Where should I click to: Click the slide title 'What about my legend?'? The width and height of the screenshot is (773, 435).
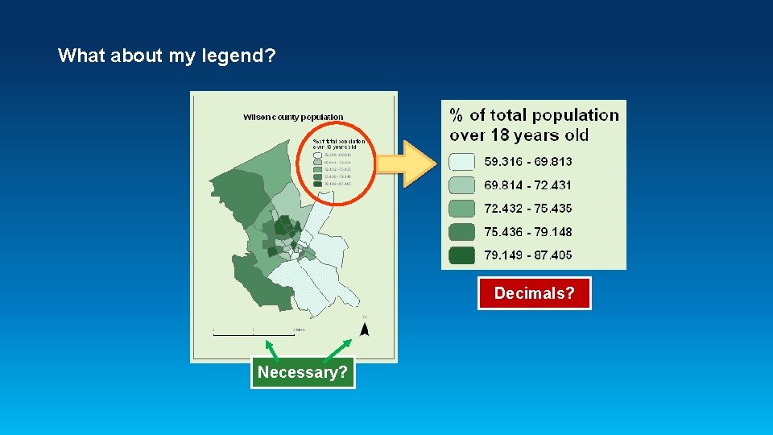[167, 56]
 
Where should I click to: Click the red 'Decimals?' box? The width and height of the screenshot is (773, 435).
[534, 293]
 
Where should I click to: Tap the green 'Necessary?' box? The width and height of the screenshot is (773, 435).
[303, 372]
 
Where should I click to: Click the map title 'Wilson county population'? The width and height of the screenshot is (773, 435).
[293, 117]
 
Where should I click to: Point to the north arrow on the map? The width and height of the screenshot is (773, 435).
[364, 328]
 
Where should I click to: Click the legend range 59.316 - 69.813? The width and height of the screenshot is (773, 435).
[527, 162]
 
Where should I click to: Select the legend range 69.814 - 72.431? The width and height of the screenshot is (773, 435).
[527, 185]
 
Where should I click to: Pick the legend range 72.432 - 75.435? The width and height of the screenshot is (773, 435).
[527, 209]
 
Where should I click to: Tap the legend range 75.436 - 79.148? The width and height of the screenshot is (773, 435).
[527, 232]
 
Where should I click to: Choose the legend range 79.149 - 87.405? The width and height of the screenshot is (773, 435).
[527, 255]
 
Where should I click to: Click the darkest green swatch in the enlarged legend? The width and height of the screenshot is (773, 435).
[462, 255]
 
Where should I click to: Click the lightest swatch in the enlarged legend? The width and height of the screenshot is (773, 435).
[462, 162]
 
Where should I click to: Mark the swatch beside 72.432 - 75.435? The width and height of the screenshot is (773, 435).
[462, 209]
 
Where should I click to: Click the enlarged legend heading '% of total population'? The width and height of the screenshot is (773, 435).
[534, 115]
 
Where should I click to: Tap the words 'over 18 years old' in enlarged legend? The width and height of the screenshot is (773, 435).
[519, 135]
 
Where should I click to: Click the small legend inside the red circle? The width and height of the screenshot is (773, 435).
[338, 165]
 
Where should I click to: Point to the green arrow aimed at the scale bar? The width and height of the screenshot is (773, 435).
[273, 347]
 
